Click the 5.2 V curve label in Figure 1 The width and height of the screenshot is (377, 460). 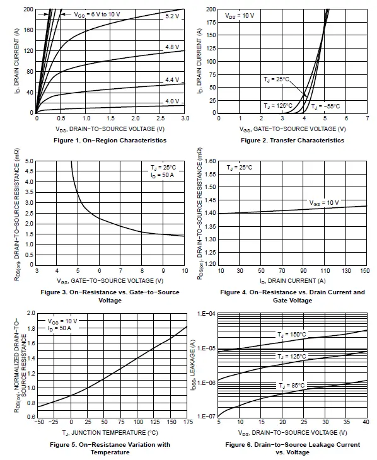pos(172,16)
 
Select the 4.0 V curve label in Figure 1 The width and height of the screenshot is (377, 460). pos(172,101)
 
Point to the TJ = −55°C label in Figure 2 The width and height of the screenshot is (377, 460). pos(327,106)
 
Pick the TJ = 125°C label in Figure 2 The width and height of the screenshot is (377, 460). pos(277,106)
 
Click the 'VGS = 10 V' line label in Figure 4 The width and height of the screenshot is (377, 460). pos(324,203)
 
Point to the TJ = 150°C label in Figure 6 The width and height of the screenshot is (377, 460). pos(291,334)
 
